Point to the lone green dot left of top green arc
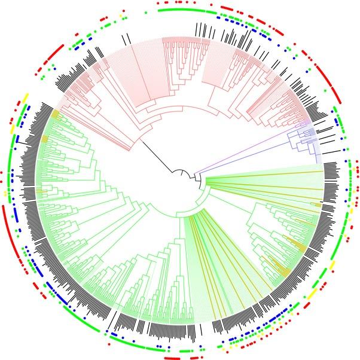tap(146, 11)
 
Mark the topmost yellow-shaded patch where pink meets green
tap(55, 114)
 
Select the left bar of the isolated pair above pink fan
tap(123, 38)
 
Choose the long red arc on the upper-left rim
tap(53, 54)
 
